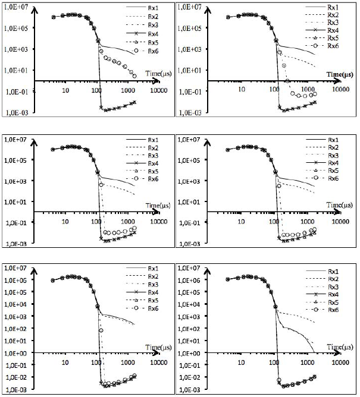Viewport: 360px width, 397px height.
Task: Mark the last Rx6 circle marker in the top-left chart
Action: point(134,76)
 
